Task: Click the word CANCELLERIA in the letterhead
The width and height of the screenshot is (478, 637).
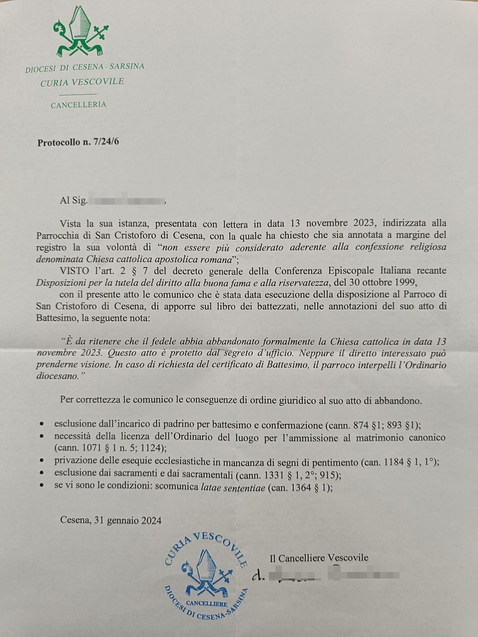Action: pos(78,105)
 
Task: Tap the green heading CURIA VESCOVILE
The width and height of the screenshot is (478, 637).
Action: pos(82,82)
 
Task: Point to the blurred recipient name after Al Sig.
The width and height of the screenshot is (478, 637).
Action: pos(126,201)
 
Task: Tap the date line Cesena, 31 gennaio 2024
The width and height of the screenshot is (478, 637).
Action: pos(111,520)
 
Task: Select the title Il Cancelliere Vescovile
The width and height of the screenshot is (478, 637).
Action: pos(319,558)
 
